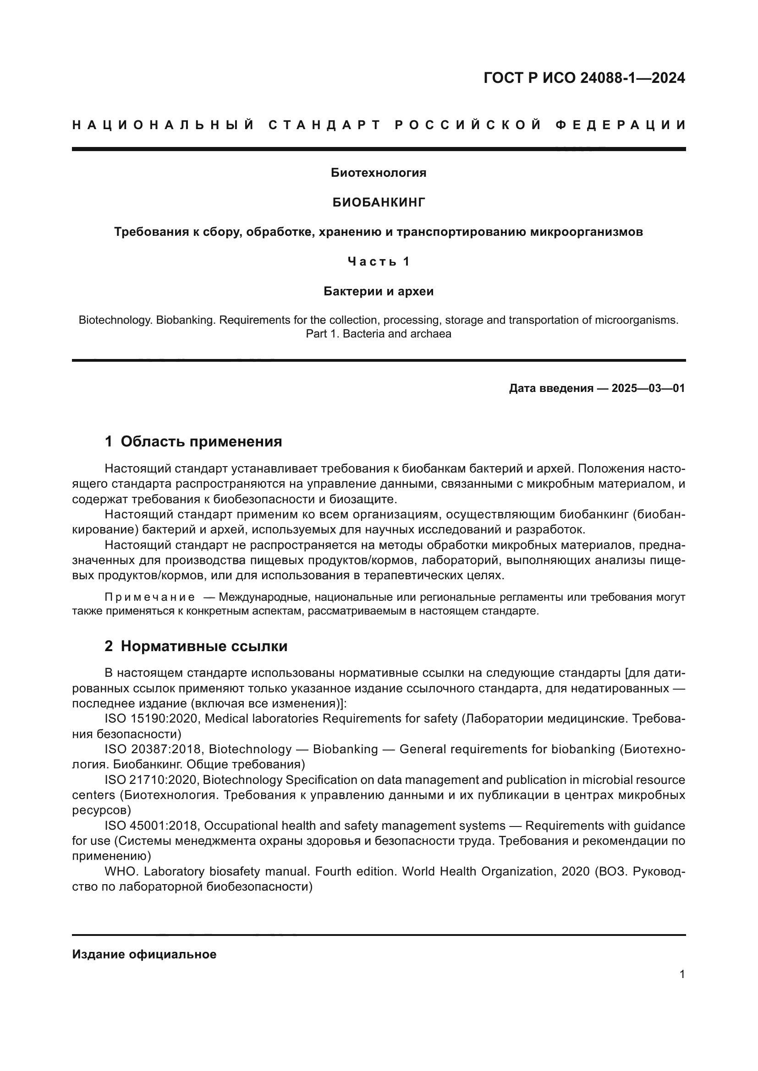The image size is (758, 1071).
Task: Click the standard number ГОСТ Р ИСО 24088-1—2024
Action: pos(584,78)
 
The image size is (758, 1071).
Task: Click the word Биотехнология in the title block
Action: pos(379,173)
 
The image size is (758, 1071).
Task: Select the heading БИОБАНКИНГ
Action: pos(379,202)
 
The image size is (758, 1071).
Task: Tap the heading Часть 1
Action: pos(379,262)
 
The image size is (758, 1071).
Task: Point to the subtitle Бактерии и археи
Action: pos(379,292)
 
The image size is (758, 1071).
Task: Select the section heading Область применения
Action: pos(201,441)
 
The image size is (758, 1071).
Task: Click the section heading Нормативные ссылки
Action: pos(204,646)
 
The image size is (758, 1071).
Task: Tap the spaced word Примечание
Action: pos(150,597)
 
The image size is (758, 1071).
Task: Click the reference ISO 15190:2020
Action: pos(153,719)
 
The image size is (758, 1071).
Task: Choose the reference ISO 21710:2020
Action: pos(153,780)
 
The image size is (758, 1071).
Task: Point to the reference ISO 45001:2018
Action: pos(153,826)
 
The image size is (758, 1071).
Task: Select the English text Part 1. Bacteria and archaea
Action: pos(379,334)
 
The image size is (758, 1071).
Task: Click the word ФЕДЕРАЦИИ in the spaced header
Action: pos(621,125)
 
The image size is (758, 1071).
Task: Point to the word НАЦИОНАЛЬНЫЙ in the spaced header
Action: pos(163,125)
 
